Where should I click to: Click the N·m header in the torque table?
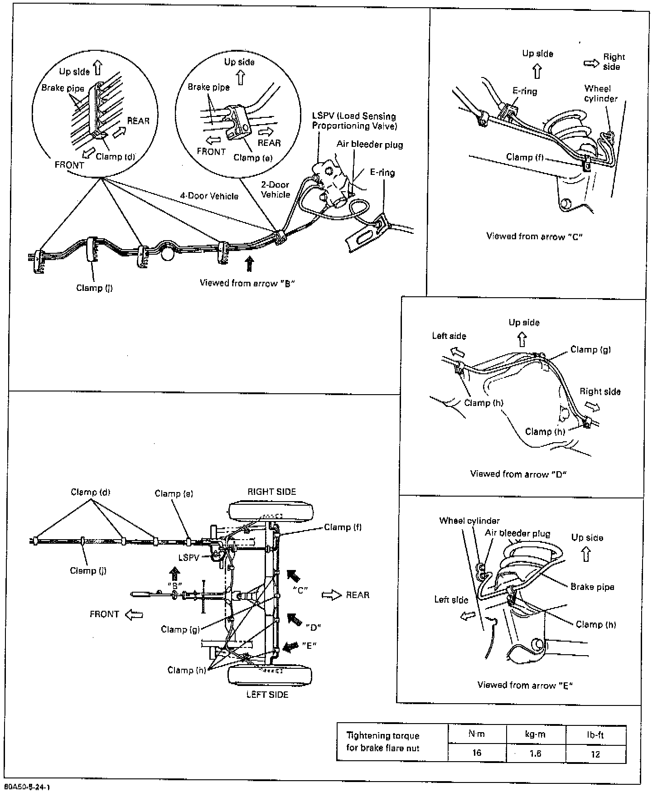click(476, 734)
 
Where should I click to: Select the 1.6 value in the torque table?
click(535, 753)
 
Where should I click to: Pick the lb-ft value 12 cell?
click(595, 754)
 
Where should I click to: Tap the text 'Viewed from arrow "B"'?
click(247, 283)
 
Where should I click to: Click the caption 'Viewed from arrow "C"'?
click(534, 236)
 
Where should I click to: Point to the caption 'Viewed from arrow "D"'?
click(518, 474)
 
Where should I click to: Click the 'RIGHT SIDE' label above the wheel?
click(271, 492)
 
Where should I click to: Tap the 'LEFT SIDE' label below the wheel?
click(267, 695)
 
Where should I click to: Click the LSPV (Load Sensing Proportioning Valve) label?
click(354, 121)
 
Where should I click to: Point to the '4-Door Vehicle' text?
click(209, 196)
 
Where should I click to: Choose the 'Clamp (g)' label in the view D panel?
click(590, 349)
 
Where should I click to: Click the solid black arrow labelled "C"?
click(294, 576)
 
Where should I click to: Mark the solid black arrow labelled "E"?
click(288, 647)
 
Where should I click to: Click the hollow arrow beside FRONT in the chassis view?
click(134, 614)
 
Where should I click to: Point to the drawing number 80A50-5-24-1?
click(27, 787)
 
